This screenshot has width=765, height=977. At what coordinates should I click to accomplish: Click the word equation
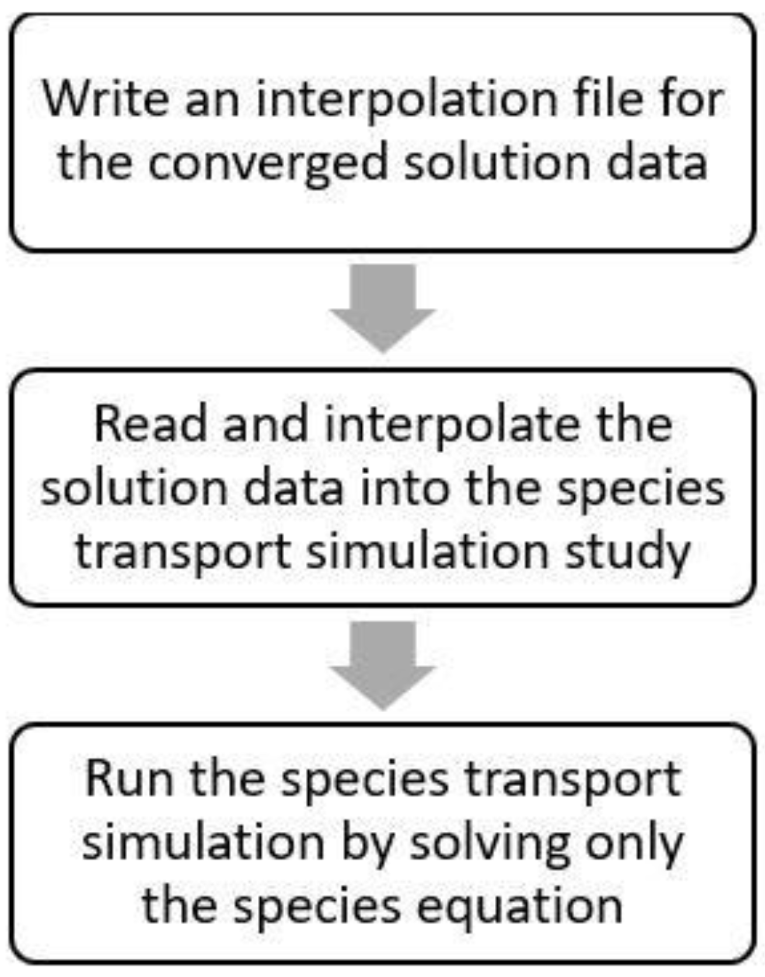click(x=520, y=908)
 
